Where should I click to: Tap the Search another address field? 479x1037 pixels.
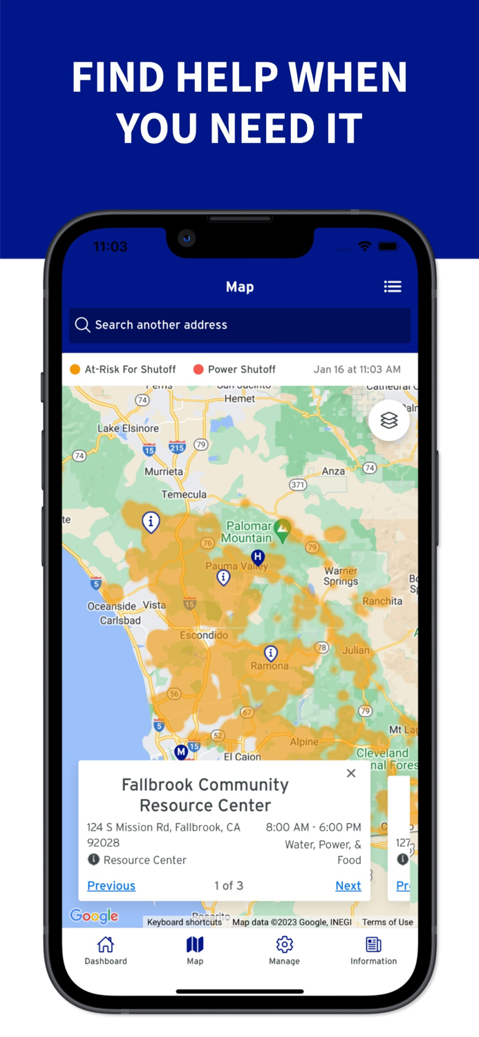coord(239,325)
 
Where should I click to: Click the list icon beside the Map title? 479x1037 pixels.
coord(393,286)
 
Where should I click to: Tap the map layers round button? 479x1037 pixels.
coord(389,420)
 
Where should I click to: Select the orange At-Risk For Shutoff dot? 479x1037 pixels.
coord(75,369)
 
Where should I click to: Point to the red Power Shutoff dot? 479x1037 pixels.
coord(198,369)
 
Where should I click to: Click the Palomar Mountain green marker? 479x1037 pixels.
coord(281,530)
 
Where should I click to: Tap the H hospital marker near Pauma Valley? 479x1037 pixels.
coord(258,557)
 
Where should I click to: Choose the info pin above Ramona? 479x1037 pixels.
coord(271,653)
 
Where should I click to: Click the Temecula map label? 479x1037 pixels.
coord(184,494)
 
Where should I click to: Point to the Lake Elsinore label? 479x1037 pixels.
coord(128,428)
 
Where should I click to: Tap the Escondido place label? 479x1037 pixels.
coord(204,635)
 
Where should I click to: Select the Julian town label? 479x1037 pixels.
coord(356,650)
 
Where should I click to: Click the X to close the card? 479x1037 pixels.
coord(351,774)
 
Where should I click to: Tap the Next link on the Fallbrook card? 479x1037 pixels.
coord(348,886)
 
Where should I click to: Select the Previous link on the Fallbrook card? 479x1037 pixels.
coord(111,886)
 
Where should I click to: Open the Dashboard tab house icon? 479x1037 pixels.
coord(106,944)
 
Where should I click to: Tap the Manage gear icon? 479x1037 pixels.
coord(284,944)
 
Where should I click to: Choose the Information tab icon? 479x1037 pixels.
coord(373,944)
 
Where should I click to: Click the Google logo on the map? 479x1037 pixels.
coord(94,917)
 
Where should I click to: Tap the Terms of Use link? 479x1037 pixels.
coord(387,922)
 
